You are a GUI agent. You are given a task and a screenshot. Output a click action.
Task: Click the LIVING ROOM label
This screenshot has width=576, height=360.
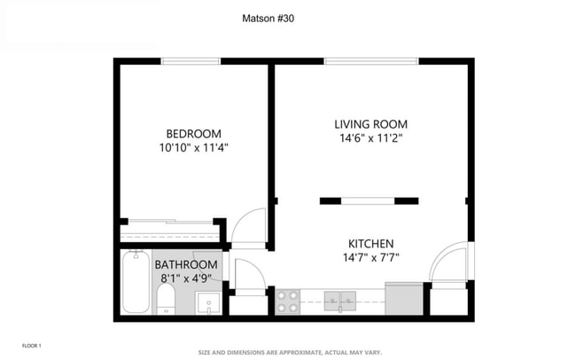tap(371, 123)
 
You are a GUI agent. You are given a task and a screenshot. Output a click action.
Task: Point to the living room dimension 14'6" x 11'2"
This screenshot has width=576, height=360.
tap(371, 138)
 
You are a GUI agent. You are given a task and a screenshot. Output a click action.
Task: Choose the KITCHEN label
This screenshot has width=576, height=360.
tap(371, 244)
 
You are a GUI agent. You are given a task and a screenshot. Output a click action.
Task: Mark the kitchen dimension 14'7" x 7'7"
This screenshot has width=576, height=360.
tap(371, 258)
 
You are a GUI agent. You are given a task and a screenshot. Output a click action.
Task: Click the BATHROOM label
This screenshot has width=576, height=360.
tap(186, 265)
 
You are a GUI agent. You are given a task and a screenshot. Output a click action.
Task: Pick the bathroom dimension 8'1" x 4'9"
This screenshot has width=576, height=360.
tap(186, 278)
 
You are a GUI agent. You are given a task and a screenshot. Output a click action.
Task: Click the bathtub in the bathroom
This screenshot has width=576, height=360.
tap(136, 282)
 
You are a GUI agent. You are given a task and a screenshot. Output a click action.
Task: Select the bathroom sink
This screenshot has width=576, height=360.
tap(208, 303)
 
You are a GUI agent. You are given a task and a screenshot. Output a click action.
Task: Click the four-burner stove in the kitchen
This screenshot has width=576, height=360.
tap(288, 301)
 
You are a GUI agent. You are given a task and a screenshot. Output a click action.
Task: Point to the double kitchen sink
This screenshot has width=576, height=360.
tap(339, 301)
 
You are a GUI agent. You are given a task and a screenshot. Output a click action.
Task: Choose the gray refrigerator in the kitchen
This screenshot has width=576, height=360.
tap(403, 299)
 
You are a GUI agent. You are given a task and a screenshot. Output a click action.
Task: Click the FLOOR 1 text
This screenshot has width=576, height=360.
tap(31, 345)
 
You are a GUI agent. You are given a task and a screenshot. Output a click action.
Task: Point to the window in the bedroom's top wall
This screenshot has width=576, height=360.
tap(191, 61)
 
